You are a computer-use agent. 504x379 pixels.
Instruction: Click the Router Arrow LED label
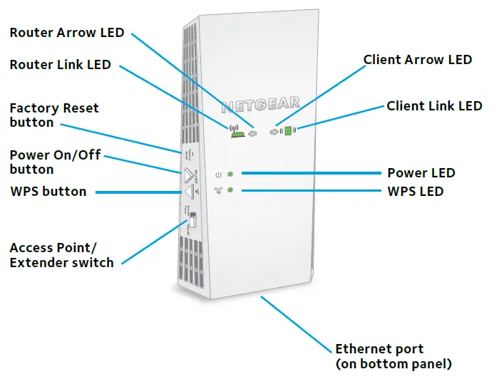coord(67,33)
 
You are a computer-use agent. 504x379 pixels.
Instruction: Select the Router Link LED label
coord(61,65)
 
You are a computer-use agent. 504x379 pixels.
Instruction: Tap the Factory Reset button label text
coord(54,115)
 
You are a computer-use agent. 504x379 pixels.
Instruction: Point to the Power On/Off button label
coord(55,162)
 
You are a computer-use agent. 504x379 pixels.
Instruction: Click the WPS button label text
coord(48,192)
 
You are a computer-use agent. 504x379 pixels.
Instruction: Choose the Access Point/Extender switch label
coord(61,255)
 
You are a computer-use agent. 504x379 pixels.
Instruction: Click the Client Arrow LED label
coord(418,60)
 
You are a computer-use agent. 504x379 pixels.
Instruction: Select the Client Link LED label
coord(434,106)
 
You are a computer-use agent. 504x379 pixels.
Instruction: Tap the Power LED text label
coord(421,173)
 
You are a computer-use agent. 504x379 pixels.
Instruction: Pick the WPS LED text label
coord(415,192)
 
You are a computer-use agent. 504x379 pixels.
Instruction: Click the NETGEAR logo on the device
coord(261,106)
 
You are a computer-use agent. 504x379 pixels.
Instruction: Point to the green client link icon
coord(289,131)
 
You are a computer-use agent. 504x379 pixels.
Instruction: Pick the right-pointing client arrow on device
coord(274,132)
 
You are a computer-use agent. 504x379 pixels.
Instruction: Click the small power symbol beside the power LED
coord(219,174)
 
